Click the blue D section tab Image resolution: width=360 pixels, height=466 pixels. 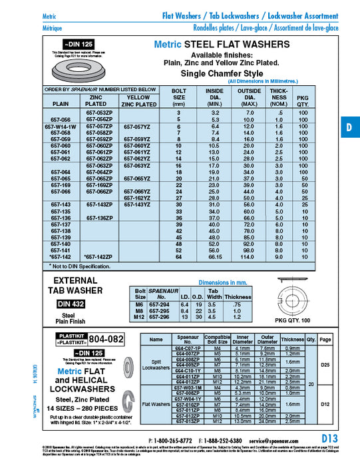coord(349,127)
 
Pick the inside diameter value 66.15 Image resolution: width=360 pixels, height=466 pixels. coord(214,256)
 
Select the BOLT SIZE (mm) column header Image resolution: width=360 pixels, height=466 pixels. coord(178,97)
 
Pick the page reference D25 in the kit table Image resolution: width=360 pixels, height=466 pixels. coord(325,365)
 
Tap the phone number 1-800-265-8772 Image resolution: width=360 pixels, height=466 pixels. coord(170,441)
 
